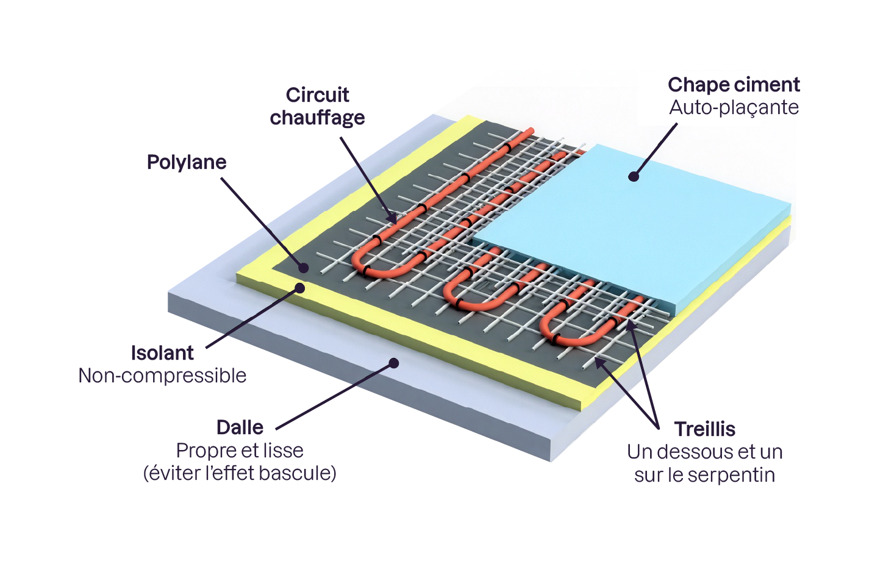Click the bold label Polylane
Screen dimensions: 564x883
187,162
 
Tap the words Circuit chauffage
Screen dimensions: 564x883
317,106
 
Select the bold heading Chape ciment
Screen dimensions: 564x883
734,85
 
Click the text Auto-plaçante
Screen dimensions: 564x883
734,107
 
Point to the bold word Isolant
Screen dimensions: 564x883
162,353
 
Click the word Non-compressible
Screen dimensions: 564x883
162,376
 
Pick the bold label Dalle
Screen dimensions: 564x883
240,427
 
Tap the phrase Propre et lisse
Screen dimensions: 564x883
240,451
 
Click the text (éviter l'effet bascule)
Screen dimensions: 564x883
240,473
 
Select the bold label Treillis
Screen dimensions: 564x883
704,429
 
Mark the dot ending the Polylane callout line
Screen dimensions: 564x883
303,267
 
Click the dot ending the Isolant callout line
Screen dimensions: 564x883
299,288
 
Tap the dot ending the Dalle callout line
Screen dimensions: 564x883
394,363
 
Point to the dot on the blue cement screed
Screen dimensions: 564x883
634,177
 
